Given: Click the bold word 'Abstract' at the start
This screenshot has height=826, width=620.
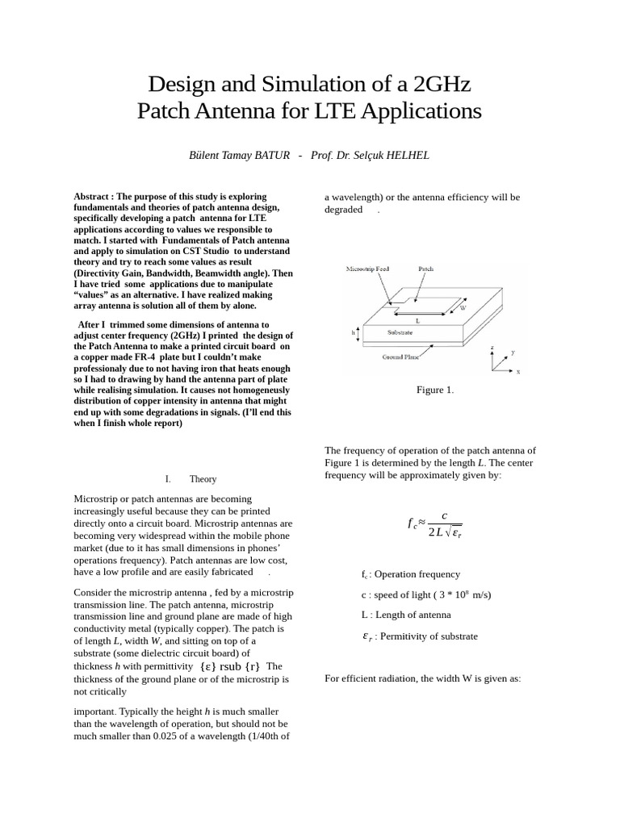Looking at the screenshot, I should (x=92, y=197).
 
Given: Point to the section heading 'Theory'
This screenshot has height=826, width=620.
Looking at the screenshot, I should (x=203, y=479).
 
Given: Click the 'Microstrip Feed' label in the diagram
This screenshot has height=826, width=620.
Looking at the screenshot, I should (x=367, y=269).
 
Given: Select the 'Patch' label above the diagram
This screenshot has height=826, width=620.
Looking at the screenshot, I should (x=426, y=269).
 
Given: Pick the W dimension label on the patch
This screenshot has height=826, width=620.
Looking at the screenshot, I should (x=463, y=308).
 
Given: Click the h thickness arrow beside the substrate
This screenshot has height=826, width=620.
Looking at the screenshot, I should (x=358, y=332).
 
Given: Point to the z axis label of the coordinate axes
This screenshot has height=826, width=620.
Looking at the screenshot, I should (x=492, y=348).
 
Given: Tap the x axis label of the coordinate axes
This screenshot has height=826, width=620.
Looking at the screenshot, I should (x=517, y=372).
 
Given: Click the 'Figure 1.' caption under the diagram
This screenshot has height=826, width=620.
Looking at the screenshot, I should (x=435, y=390).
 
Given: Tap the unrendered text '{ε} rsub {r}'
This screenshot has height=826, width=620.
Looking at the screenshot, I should (x=230, y=666).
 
